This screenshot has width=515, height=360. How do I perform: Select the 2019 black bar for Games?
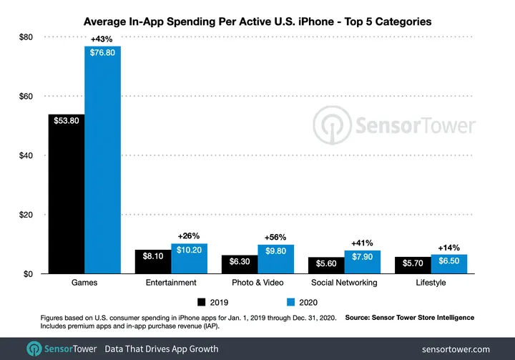click(x=66, y=193)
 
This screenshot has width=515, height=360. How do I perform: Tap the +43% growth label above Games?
click(x=102, y=39)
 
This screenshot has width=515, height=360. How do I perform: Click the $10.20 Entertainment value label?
click(x=189, y=251)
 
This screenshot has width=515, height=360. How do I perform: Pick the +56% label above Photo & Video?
click(x=275, y=237)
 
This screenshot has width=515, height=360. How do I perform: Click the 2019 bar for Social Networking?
click(x=326, y=266)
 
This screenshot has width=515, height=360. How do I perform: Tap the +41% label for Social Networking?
click(x=362, y=243)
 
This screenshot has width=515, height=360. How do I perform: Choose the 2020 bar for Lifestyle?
click(x=448, y=264)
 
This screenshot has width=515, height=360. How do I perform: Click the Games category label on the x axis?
click(x=84, y=283)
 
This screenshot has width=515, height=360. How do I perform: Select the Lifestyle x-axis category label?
click(x=431, y=283)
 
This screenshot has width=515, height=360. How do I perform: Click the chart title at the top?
click(x=257, y=21)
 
